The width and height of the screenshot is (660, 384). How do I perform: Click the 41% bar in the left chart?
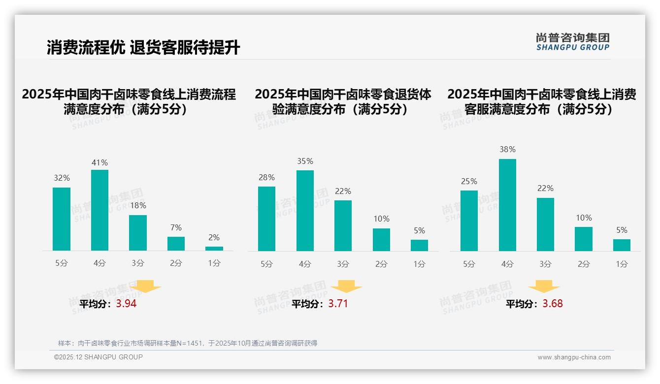(x=99, y=210)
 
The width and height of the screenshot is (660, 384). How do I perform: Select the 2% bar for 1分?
(x=214, y=249)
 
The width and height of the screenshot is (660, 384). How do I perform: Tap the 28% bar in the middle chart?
(x=266, y=219)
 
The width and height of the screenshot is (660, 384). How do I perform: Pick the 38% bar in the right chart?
(x=507, y=205)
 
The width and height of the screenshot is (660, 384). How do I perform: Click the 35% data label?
(x=305, y=161)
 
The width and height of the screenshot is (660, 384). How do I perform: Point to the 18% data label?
(x=138, y=206)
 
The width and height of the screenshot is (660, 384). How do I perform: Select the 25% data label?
(x=469, y=182)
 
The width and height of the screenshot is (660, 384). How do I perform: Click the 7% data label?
(x=176, y=227)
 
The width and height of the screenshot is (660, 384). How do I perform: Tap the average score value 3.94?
(x=126, y=304)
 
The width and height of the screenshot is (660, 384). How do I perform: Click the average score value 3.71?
(x=338, y=304)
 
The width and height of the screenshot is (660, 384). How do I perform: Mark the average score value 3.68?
(x=553, y=304)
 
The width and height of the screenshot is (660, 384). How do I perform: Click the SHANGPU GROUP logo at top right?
(x=572, y=42)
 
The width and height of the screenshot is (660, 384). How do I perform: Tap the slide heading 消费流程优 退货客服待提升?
(x=143, y=48)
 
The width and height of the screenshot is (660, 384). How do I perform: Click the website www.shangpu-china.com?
(x=574, y=357)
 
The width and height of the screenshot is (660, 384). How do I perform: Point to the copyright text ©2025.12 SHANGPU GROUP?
(x=99, y=357)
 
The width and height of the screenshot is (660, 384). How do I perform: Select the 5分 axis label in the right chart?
(x=469, y=264)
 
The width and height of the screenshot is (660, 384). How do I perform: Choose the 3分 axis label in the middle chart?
(x=343, y=264)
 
